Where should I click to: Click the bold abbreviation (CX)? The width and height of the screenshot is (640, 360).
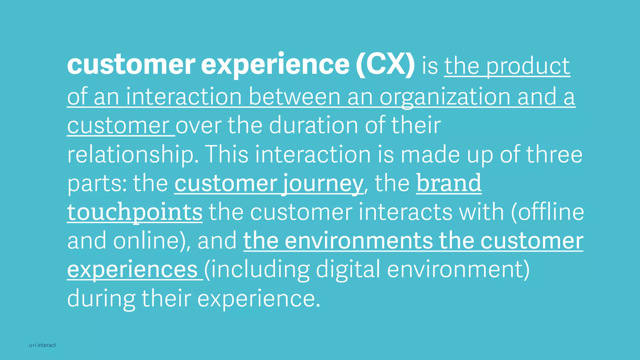tap(385, 65)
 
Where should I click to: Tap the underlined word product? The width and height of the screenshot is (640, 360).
tap(528, 66)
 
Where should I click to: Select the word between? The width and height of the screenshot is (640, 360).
tap(294, 97)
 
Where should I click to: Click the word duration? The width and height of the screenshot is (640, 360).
tap(314, 125)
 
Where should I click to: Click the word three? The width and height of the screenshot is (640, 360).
tap(554, 154)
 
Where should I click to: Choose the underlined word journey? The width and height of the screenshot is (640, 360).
tap(323, 184)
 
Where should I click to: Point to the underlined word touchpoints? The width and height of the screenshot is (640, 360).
tap(135, 212)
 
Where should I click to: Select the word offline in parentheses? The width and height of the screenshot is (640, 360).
tap(550, 212)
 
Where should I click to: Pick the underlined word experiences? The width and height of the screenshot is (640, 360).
tap(132, 269)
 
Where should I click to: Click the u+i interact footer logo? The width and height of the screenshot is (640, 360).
tap(42, 345)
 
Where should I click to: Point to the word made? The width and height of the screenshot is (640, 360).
tap(430, 154)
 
